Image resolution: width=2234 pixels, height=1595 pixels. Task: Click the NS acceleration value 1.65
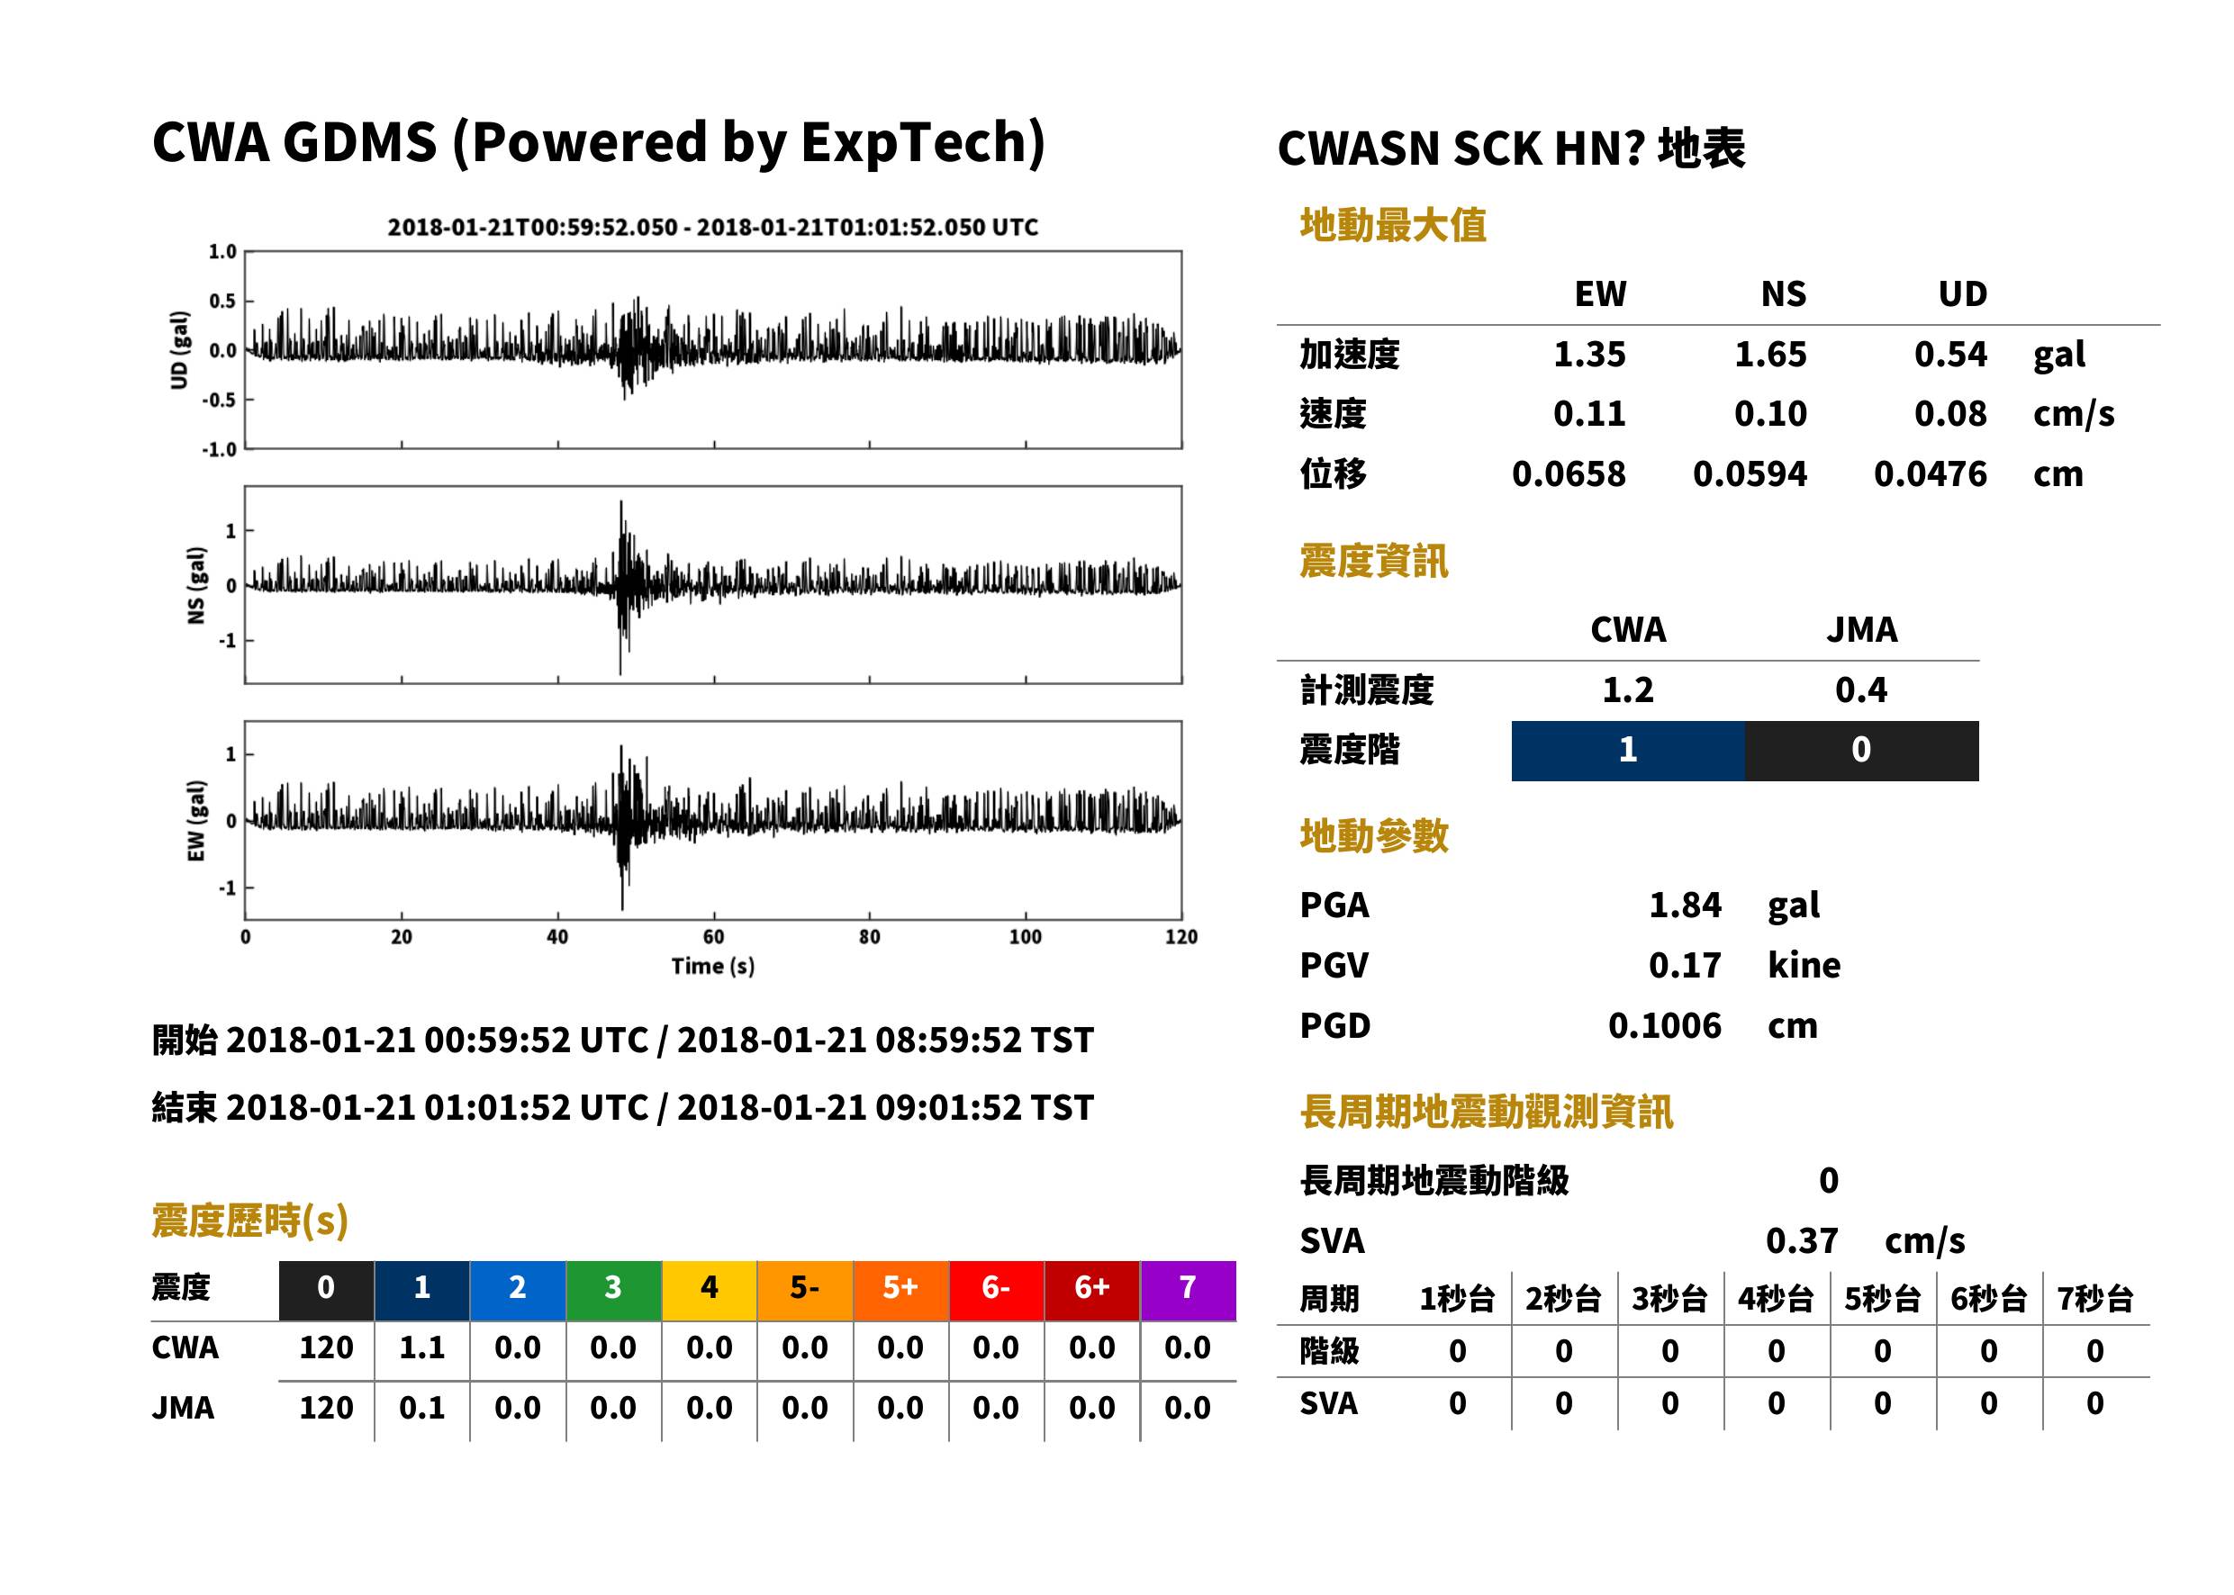click(x=1769, y=355)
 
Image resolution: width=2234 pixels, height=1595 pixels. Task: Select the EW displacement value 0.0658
click(x=1568, y=474)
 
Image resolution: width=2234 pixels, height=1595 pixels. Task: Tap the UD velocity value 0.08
click(x=1950, y=414)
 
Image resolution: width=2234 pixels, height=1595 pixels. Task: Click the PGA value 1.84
click(x=1685, y=905)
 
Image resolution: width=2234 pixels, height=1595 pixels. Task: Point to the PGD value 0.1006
click(x=1664, y=1025)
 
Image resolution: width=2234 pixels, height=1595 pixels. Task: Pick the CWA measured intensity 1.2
click(x=1628, y=690)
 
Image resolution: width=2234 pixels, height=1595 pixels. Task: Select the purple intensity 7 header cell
click(x=1188, y=1290)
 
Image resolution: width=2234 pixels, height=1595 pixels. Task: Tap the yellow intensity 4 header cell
click(x=710, y=1290)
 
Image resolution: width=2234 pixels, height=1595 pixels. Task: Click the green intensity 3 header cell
click(x=613, y=1290)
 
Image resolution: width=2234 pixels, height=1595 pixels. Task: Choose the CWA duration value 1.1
click(x=421, y=1347)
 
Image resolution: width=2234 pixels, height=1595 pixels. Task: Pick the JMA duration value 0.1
click(x=421, y=1408)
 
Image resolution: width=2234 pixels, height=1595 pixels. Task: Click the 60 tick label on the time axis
click(x=713, y=937)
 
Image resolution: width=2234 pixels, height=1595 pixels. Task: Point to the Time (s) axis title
click(x=713, y=967)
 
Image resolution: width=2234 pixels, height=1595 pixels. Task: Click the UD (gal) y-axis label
click(x=179, y=351)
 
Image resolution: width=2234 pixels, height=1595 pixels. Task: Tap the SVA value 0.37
click(x=1802, y=1241)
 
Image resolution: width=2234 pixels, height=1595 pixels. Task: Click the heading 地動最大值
click(x=1393, y=225)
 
